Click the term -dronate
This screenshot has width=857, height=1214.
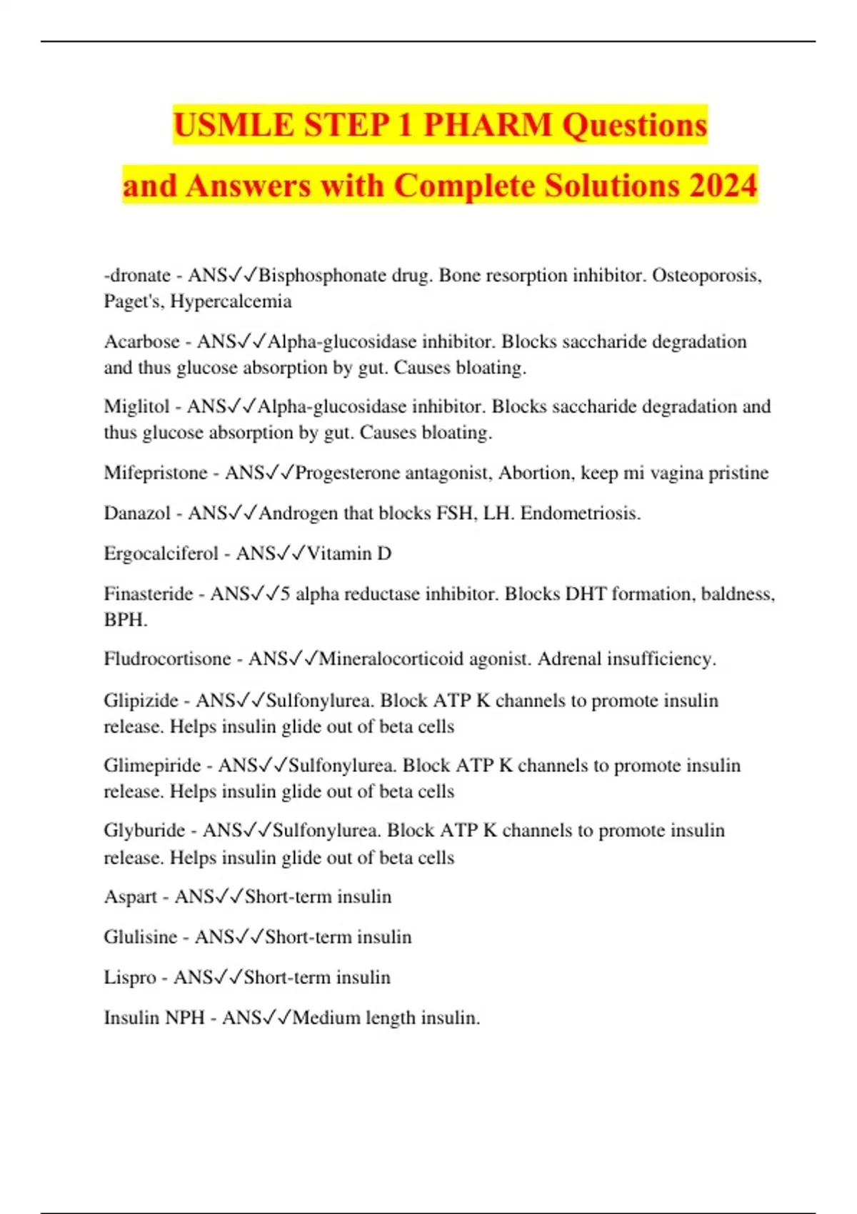(137, 276)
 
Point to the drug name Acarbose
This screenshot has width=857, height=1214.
(141, 342)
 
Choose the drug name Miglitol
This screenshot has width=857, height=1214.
(136, 407)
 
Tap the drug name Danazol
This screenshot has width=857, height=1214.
(137, 513)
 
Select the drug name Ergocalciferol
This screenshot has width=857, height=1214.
(161, 554)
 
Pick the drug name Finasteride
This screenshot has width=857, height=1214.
(149, 594)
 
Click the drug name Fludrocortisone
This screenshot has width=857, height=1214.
(167, 659)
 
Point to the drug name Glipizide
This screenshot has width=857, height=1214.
(141, 701)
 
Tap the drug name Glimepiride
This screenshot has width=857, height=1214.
(152, 766)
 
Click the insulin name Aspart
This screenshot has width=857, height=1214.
(130, 897)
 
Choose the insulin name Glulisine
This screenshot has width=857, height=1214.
(140, 937)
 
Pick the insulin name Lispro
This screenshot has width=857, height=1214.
(129, 978)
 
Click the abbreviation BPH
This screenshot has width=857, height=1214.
(124, 620)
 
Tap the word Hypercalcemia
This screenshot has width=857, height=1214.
(231, 301)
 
